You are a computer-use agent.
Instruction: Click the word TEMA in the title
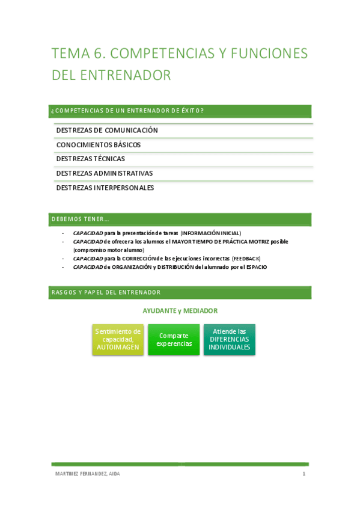pos(68,54)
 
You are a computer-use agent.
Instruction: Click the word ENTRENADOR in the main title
pos(126,75)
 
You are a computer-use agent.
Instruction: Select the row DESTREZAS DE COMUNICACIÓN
pos(107,131)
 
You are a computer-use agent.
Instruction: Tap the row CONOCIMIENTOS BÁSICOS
pos(99,145)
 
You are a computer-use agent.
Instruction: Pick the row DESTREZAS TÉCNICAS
pos(91,159)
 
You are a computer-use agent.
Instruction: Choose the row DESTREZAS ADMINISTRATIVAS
pos(105,174)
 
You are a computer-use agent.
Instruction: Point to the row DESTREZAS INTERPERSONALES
pos(105,188)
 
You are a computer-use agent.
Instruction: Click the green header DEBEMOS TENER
pos(80,219)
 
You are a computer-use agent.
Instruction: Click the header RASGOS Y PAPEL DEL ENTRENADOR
pos(106,292)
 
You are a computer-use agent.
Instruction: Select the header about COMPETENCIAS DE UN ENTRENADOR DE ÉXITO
pos(127,111)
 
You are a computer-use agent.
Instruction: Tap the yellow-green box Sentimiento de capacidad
pos(118,340)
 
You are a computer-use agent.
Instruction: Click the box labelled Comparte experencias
pos(174,340)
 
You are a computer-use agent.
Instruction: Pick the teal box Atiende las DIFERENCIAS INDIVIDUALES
pos(230,340)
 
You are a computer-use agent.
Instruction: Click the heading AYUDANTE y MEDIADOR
pos(180,311)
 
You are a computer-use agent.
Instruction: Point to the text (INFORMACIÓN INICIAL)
pos(210,233)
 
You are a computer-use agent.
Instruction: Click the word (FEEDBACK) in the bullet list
pos(246,259)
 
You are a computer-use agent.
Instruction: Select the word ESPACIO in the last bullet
pos(255,267)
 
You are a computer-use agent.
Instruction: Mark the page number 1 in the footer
pos(304,474)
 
